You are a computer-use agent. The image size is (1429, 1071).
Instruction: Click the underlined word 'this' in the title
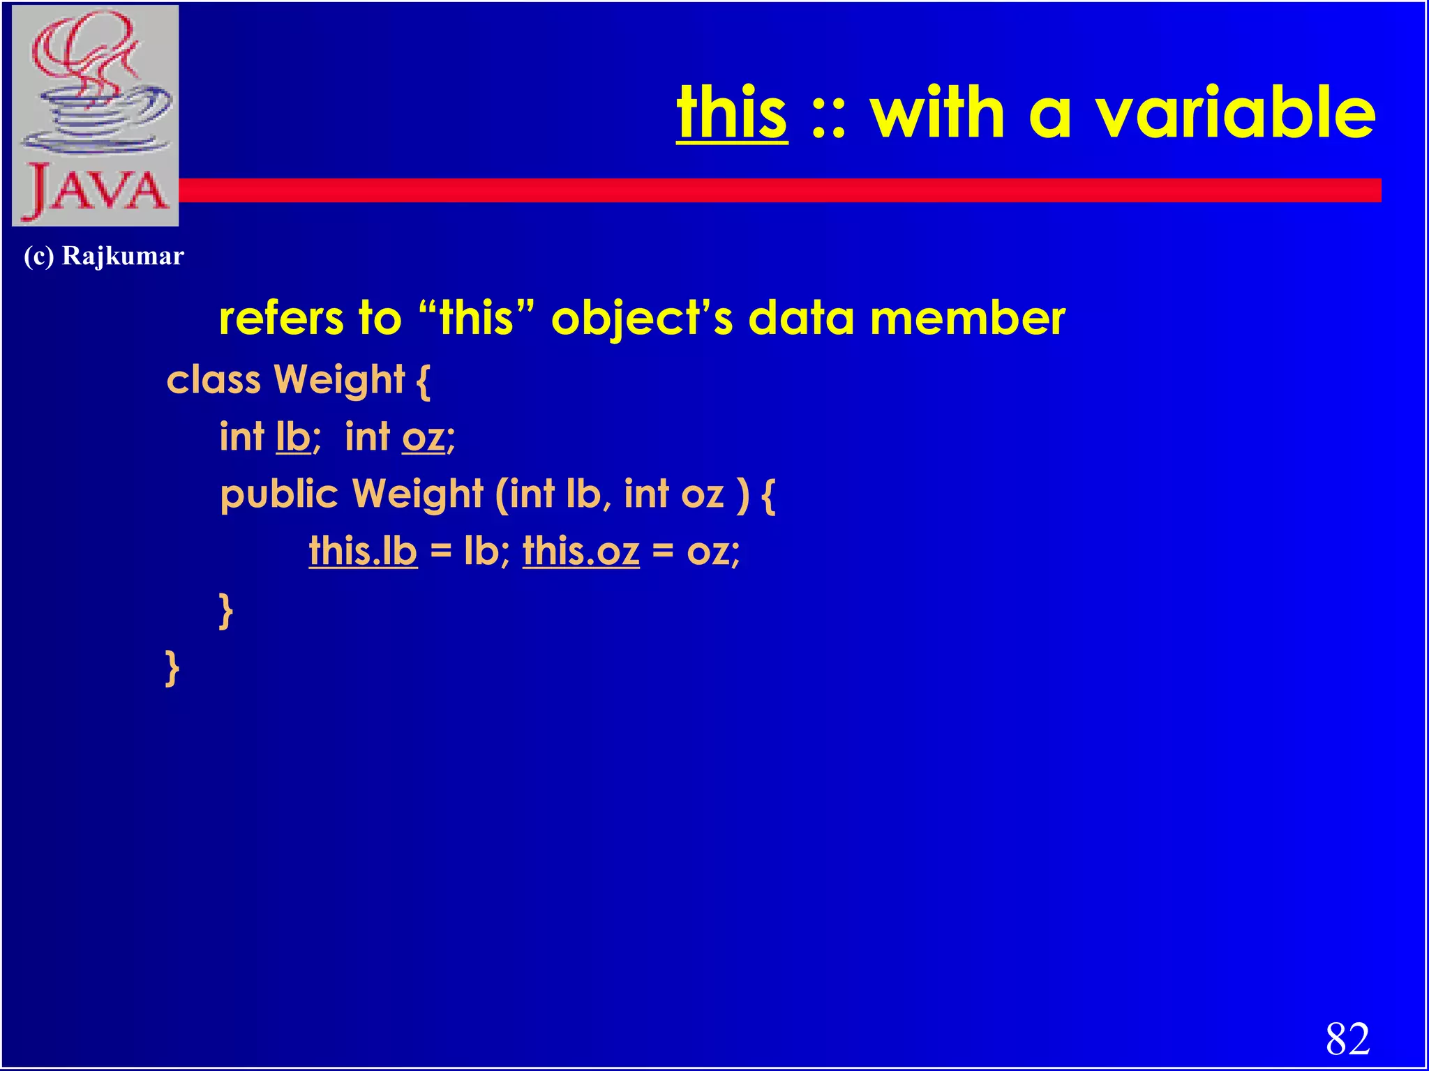[x=732, y=113]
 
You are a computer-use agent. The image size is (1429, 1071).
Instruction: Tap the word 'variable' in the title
[x=1235, y=113]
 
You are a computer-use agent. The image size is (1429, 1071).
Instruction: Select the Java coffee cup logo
[x=96, y=115]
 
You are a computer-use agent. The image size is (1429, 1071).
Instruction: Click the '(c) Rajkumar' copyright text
[x=104, y=257]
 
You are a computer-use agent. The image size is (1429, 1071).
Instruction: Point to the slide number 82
[x=1347, y=1039]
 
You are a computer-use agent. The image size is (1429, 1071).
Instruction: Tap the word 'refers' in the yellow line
[x=278, y=318]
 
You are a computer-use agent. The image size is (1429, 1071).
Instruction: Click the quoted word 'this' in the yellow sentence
[x=477, y=318]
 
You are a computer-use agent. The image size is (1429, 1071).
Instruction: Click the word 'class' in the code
[x=214, y=380]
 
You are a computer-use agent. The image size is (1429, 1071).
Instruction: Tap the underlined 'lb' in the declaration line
[x=293, y=437]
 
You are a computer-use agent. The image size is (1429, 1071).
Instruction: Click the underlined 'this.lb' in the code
[x=363, y=552]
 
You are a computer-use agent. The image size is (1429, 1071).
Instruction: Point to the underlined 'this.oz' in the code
[x=581, y=552]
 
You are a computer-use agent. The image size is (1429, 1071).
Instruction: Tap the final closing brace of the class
[x=172, y=668]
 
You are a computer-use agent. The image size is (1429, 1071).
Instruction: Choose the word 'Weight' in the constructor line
[x=417, y=495]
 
